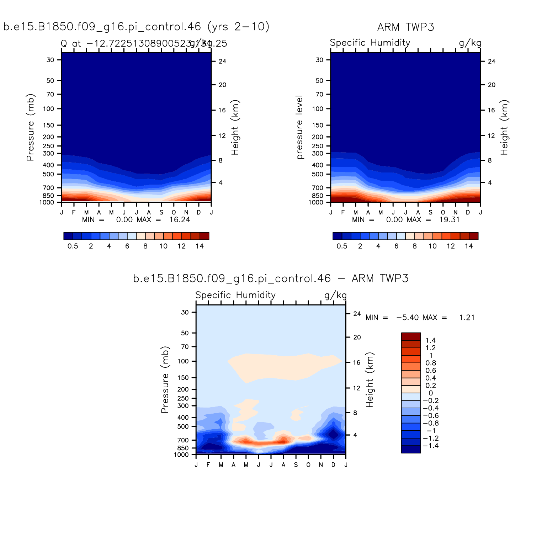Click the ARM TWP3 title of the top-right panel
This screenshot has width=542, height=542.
tap(405, 27)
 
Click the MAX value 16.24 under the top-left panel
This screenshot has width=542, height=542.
tap(180, 220)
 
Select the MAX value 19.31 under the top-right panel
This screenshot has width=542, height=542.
tap(450, 220)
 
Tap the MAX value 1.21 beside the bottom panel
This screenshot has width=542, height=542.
tap(467, 318)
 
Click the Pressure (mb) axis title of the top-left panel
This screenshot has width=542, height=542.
tap(31, 127)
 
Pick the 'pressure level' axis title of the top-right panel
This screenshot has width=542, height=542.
tap(299, 127)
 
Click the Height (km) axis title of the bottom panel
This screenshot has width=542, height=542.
tap(370, 380)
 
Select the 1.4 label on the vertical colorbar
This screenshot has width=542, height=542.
tap(430, 341)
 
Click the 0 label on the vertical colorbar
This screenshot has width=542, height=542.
tap(430, 393)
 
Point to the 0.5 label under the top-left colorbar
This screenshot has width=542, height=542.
tap(73, 246)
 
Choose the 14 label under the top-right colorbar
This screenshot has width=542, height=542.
tap(469, 246)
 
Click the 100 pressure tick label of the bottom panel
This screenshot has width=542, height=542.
tap(183, 361)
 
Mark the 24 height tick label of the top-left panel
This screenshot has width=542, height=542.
tap(222, 62)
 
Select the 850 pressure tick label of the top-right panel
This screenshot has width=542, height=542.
tap(318, 196)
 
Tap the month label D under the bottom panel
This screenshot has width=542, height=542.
tap(333, 465)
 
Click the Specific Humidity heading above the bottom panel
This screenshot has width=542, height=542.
tap(235, 295)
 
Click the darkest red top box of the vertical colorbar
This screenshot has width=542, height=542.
tap(411, 336)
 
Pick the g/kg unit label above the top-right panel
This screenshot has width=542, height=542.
tap(470, 43)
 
